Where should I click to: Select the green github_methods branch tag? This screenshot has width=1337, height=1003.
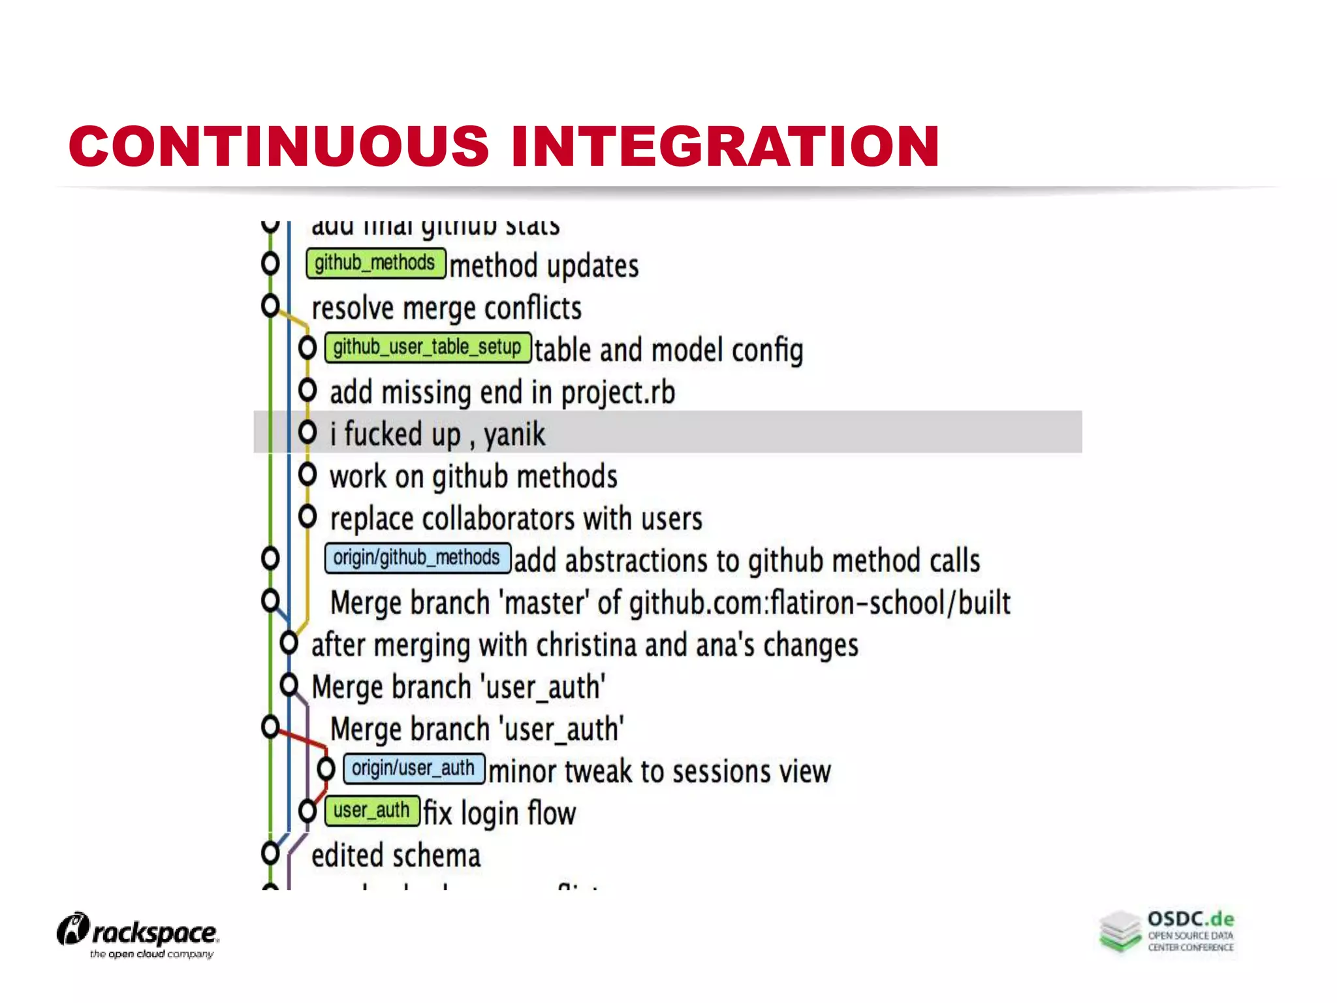click(x=375, y=263)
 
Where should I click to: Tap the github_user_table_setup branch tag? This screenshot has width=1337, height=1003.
click(x=428, y=347)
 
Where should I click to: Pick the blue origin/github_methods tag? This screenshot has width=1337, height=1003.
click(x=417, y=558)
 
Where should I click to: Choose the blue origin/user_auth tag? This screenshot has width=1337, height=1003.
click(x=413, y=769)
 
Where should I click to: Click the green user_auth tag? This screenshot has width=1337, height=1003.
click(x=371, y=811)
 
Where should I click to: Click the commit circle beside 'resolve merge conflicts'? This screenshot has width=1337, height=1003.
click(x=270, y=306)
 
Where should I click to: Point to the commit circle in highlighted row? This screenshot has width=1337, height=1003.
click(x=307, y=432)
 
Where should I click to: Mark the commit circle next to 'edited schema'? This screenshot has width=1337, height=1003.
click(x=270, y=853)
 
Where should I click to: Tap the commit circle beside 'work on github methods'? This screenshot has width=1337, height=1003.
click(x=307, y=475)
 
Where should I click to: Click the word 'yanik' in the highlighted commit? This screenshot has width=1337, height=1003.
click(x=514, y=434)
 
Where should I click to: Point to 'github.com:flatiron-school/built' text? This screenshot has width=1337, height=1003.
click(x=820, y=603)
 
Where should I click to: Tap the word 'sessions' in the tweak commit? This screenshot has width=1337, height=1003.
click(x=725, y=772)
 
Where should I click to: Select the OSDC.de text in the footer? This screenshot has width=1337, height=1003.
click(x=1191, y=919)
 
